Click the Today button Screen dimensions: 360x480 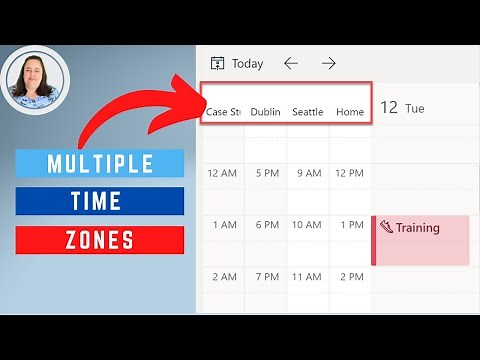237,63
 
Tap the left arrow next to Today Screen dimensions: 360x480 291,63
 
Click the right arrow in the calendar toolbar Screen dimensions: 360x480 328,63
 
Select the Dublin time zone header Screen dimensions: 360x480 265,112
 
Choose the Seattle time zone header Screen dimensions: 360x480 307,112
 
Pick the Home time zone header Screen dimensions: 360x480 350,112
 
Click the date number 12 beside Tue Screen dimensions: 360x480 389,107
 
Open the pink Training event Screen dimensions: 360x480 420,239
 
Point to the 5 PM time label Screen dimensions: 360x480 267,173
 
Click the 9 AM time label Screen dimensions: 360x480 308,173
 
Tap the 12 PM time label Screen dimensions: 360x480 350,173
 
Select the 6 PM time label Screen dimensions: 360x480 267,225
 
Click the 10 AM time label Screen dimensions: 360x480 306,225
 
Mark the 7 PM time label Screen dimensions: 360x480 267,277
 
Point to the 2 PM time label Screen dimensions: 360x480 350,277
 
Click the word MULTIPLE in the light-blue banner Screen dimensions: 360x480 100,163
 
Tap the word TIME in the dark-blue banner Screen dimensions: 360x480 100,201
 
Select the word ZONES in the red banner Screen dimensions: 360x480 100,240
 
